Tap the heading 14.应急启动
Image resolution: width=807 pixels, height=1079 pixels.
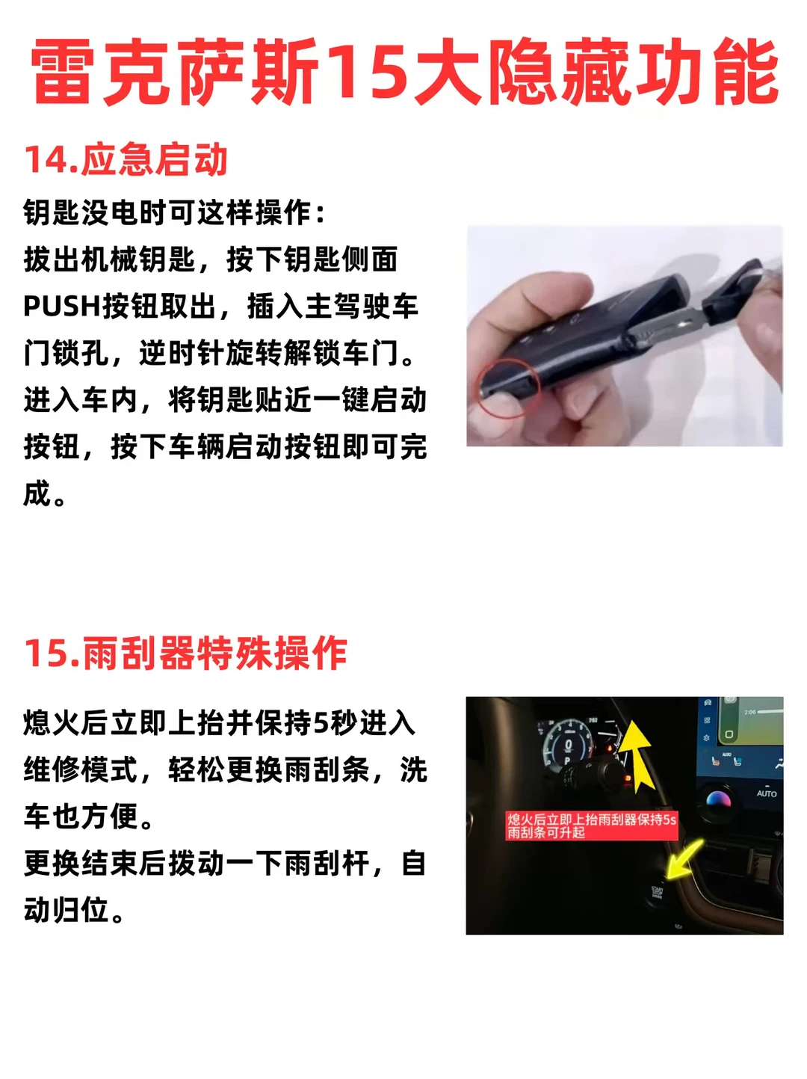(126, 160)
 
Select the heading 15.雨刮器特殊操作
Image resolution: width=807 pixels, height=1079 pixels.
(185, 653)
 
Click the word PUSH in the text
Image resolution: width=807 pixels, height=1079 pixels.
(62, 306)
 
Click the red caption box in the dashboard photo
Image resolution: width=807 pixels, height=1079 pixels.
(592, 826)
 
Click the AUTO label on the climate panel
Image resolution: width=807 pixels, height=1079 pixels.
(766, 793)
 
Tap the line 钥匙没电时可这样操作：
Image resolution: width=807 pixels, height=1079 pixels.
(174, 212)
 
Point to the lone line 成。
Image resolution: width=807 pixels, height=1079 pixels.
(44, 494)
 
